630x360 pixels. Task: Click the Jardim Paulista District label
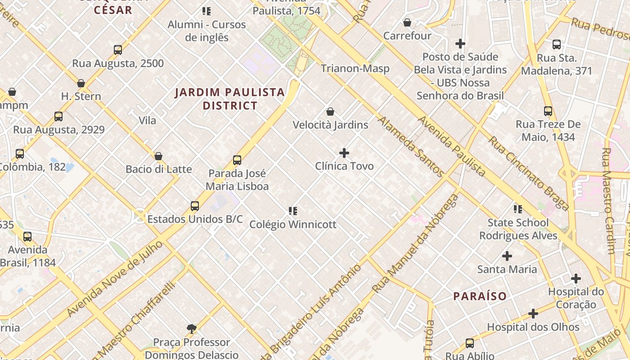(x=229, y=99)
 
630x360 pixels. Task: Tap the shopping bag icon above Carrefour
(x=407, y=22)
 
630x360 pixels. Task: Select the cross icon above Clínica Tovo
(x=344, y=153)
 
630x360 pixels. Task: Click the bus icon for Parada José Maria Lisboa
(x=237, y=160)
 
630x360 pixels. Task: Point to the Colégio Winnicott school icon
(x=293, y=211)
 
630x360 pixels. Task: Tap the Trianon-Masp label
(x=355, y=68)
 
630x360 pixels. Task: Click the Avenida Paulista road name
(x=452, y=146)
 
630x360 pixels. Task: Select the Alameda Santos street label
(x=410, y=146)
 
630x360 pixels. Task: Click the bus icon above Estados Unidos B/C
(x=195, y=206)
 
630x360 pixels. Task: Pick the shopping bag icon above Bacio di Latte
(x=158, y=156)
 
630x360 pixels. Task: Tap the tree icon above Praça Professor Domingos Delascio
(x=192, y=329)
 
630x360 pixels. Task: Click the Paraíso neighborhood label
(x=480, y=296)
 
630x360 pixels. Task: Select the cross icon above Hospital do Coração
(x=576, y=279)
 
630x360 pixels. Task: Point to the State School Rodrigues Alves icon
(x=518, y=209)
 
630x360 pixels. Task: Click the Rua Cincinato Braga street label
(x=529, y=173)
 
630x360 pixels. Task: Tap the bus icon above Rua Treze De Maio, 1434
(x=548, y=111)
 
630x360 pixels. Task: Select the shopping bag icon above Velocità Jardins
(x=330, y=112)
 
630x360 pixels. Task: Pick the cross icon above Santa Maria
(x=507, y=256)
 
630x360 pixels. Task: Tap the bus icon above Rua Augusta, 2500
(x=118, y=50)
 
